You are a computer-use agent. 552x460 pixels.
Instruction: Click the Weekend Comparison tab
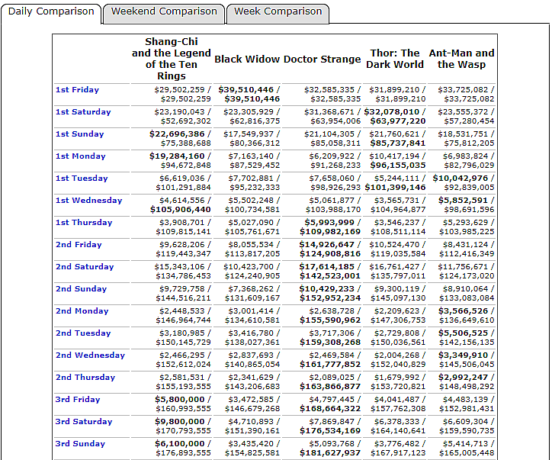[164, 12]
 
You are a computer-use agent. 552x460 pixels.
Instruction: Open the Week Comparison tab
[278, 12]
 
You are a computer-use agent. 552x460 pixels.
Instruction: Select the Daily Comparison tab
[51, 12]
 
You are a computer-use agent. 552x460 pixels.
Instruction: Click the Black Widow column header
[247, 59]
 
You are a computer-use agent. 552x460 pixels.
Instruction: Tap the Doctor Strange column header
[322, 59]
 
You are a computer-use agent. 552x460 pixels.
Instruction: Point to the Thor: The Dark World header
[393, 59]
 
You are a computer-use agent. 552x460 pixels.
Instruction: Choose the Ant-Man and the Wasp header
[461, 59]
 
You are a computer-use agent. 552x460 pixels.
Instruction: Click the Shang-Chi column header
[172, 59]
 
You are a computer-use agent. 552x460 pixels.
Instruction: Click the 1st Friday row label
[77, 90]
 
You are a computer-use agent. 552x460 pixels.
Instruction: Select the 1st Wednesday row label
[88, 201]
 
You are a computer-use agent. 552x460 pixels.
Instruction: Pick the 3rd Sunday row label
[80, 444]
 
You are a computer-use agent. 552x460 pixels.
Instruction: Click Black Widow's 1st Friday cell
[249, 94]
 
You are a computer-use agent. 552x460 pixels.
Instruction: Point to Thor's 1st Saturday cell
[395, 116]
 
